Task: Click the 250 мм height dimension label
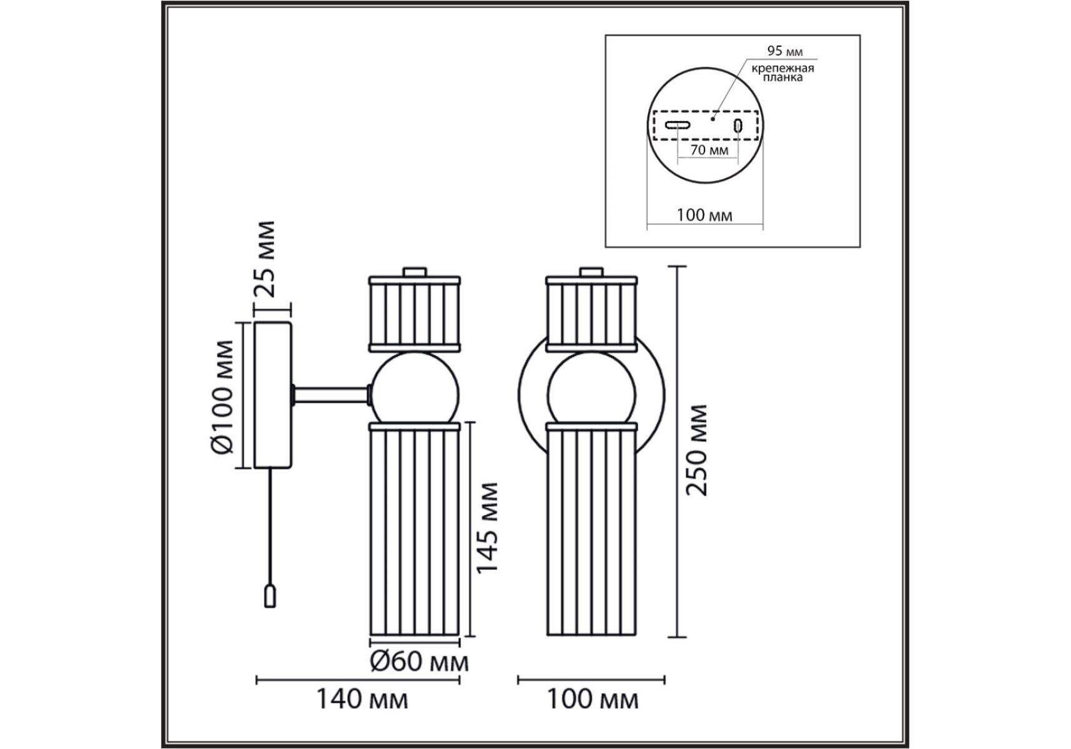[697, 450]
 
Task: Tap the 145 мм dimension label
[487, 527]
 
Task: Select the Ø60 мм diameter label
[419, 661]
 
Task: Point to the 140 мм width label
[362, 699]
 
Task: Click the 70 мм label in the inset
[709, 150]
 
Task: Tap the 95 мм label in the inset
[785, 51]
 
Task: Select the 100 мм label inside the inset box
[704, 215]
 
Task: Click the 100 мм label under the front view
[593, 699]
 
